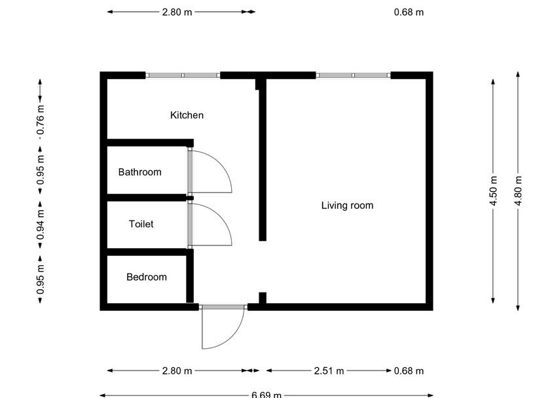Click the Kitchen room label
pyautogui.click(x=187, y=115)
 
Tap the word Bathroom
pyautogui.click(x=139, y=172)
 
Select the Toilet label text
pyautogui.click(x=141, y=224)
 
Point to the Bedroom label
pyautogui.click(x=146, y=277)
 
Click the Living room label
pyautogui.click(x=347, y=206)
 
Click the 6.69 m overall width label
pyautogui.click(x=266, y=394)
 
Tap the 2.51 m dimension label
pyautogui.click(x=328, y=371)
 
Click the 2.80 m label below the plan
pyautogui.click(x=177, y=371)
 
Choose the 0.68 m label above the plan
pyautogui.click(x=409, y=12)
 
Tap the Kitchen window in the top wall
pyautogui.click(x=183, y=75)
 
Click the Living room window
pyautogui.click(x=354, y=75)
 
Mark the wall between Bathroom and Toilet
pyautogui.click(x=147, y=197)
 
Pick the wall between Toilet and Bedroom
pyautogui.click(x=147, y=251)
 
